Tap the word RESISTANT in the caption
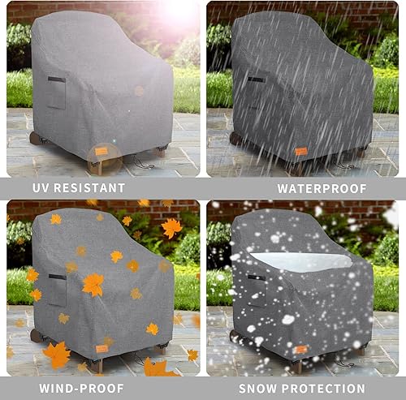pos(90,188)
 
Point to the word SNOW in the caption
pos(261,389)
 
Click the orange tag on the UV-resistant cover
pos(101,151)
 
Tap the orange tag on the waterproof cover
pos(300,151)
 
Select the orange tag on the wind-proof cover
pos(101,349)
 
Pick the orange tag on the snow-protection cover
pos(300,349)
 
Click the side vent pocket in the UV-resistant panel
pos(56,93)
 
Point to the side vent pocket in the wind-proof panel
pos(56,290)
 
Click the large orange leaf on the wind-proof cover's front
pos(93,285)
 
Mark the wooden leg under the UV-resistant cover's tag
pos(97,167)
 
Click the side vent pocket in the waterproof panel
pos(256,93)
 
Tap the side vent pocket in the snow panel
pos(256,290)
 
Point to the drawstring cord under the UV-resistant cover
pos(143,166)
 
